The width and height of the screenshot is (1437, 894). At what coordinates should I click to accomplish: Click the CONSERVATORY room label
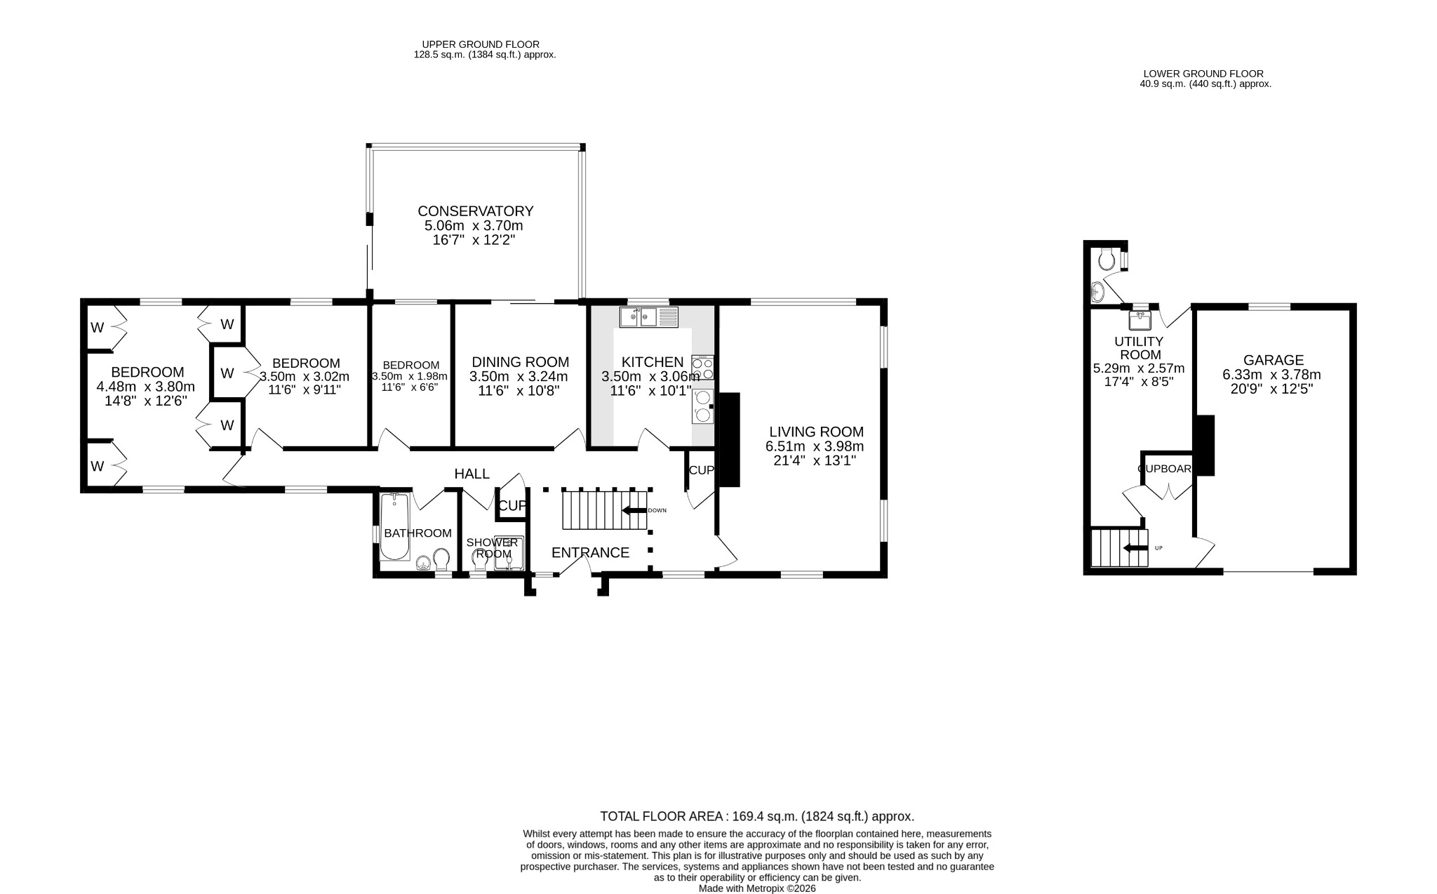pos(475,211)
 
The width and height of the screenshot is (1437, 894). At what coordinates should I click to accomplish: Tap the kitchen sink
pos(649,317)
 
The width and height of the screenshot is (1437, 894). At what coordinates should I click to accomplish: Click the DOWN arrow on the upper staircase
pos(635,510)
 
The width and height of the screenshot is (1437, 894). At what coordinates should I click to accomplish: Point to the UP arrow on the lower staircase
pos(1135,548)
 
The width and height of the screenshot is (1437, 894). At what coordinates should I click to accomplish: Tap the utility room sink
pos(1141,321)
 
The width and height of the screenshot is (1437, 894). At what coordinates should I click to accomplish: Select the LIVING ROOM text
pos(816,432)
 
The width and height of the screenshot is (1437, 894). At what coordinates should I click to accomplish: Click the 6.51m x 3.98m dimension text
pos(814,446)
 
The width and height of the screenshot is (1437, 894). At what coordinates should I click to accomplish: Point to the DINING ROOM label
pos(520,362)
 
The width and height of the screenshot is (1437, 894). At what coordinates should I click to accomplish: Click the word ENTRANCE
pos(590,552)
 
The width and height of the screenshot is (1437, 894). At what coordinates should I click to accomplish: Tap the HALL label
pos(472,474)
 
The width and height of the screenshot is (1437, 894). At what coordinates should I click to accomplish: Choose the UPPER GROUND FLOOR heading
pos(481,44)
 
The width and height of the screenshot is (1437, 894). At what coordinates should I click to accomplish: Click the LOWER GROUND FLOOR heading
pos(1203,74)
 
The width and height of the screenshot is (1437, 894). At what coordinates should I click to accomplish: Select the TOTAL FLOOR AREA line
pos(757,816)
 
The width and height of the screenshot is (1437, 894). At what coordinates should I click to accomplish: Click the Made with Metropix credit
pos(757,888)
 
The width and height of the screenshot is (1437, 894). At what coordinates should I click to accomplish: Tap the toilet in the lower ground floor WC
pos(1107,258)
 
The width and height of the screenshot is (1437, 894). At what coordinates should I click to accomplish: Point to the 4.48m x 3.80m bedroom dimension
pos(145,387)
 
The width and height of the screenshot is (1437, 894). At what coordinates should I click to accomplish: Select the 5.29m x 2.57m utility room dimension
pos(1139,368)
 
